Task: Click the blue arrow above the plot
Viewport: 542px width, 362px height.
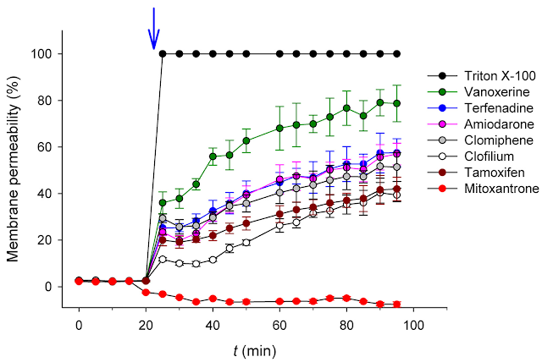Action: (x=153, y=29)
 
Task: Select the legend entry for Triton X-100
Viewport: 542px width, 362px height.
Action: (x=484, y=74)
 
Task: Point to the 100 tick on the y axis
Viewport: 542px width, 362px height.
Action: (x=49, y=54)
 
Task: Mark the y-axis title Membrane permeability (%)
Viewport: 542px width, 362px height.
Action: (x=14, y=168)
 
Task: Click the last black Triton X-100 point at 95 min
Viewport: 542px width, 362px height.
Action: (x=396, y=54)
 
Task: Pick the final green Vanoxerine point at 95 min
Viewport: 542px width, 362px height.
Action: (x=396, y=103)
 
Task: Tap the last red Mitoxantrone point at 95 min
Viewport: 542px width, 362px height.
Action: (x=396, y=304)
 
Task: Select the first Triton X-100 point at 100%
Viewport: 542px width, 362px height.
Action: (x=163, y=54)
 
